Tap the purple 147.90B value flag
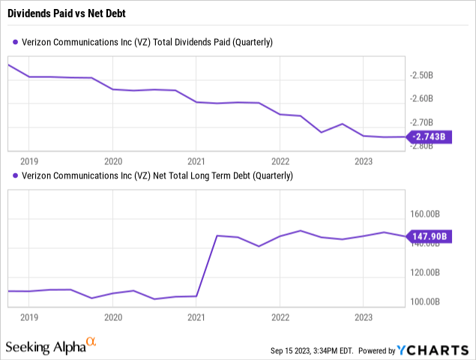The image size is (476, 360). [430, 237]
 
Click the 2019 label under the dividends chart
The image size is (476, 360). [29, 160]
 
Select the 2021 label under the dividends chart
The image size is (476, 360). [196, 160]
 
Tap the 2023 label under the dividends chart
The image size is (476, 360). [363, 160]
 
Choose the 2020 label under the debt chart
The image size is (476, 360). [112, 317]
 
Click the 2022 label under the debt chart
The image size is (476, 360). [280, 317]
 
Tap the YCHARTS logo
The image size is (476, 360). [436, 349]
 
